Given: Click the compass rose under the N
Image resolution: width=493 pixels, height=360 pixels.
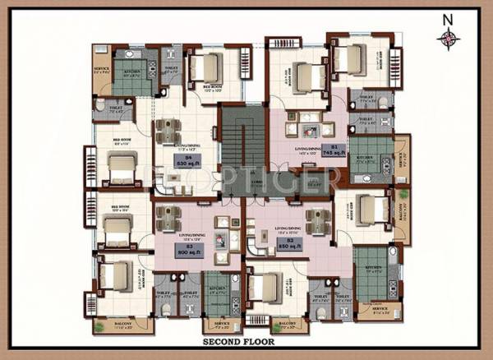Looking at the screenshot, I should click(449, 37).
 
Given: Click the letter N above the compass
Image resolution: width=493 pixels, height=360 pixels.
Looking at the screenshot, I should click(449, 17).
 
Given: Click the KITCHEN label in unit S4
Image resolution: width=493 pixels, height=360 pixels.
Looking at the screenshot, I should click(133, 72).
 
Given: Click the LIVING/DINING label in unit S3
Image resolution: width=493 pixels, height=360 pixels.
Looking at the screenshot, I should click(191, 234).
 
